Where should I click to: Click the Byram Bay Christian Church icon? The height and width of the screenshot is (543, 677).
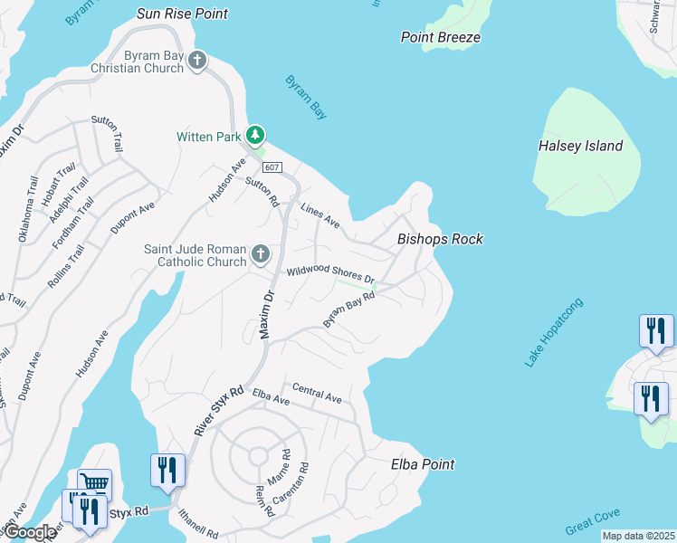pos(197,61)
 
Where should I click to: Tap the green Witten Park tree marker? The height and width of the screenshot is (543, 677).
pos(256,136)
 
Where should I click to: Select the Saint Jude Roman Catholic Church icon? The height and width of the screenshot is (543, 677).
pos(260,254)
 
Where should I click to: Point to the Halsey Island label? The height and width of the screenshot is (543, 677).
pos(580,146)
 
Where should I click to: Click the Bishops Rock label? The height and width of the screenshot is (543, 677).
pos(440,240)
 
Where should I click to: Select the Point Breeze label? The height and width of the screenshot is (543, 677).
pos(441,37)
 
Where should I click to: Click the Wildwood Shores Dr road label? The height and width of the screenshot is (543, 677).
pos(330,273)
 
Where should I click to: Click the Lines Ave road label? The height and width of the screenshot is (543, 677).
pos(319,214)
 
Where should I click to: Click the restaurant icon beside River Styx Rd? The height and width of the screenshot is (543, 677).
pos(168,470)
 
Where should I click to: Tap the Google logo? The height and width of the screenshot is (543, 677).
pos(30,532)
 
